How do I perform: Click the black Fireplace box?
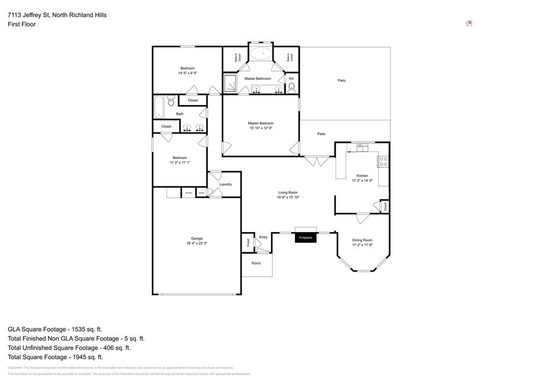(305, 238)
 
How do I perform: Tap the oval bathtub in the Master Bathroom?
(260, 54)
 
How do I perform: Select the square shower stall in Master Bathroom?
(230, 83)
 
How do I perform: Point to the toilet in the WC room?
(291, 87)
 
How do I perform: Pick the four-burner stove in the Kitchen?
(383, 162)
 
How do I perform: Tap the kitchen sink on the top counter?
(362, 148)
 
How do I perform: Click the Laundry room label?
(225, 184)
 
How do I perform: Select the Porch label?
(256, 263)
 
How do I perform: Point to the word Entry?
(263, 237)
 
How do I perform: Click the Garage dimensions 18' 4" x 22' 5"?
(197, 244)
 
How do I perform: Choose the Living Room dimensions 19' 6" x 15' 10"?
(288, 198)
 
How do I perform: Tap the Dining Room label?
(362, 240)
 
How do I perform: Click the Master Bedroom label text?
(260, 123)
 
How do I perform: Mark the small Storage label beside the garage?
(189, 193)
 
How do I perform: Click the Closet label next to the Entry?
(248, 243)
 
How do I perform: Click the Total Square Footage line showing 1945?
(55, 357)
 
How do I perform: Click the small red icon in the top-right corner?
(469, 23)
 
